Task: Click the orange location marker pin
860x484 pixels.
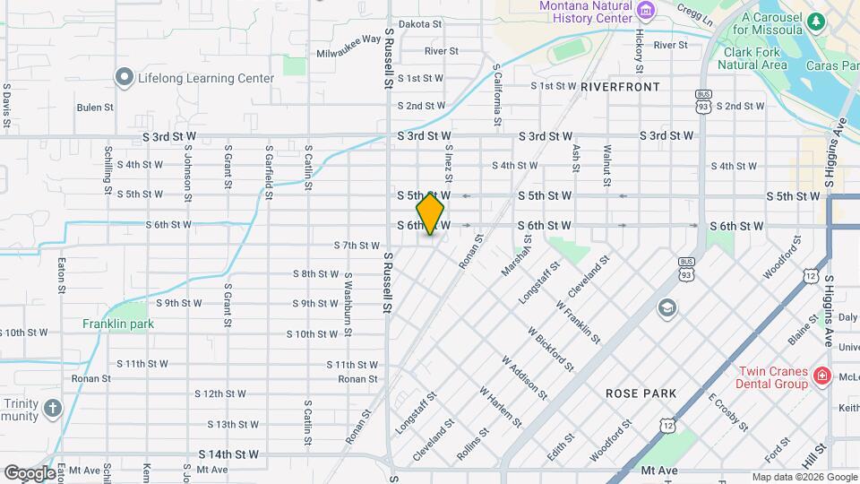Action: [x=431, y=213]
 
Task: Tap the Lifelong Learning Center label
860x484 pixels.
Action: [x=205, y=78]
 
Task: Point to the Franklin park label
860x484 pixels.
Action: [x=118, y=324]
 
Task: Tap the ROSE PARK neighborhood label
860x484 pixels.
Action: [x=641, y=393]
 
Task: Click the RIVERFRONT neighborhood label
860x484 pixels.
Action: [x=620, y=87]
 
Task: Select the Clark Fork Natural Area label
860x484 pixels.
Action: [x=755, y=58]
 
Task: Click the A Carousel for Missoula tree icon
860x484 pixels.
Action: [x=815, y=21]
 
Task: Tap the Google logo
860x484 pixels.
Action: [x=29, y=472]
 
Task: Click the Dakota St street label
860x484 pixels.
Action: [x=419, y=24]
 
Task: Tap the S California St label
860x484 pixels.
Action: [x=497, y=95]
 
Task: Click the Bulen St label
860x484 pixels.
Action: [x=95, y=107]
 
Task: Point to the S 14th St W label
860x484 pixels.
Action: [x=228, y=454]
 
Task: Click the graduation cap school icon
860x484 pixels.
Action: [x=666, y=308]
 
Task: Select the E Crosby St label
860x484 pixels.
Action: [x=727, y=412]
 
